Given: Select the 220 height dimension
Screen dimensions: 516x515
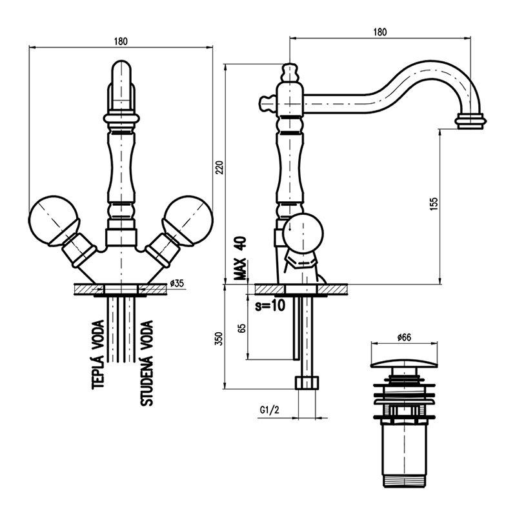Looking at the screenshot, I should pos(218,169).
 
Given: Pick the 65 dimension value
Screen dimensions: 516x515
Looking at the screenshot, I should pos(242,326).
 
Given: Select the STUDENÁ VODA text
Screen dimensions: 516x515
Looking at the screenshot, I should pos(147,362).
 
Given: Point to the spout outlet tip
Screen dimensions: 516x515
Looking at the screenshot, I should pos(471,121).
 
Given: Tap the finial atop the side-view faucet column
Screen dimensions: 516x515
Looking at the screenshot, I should pos(290,70).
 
